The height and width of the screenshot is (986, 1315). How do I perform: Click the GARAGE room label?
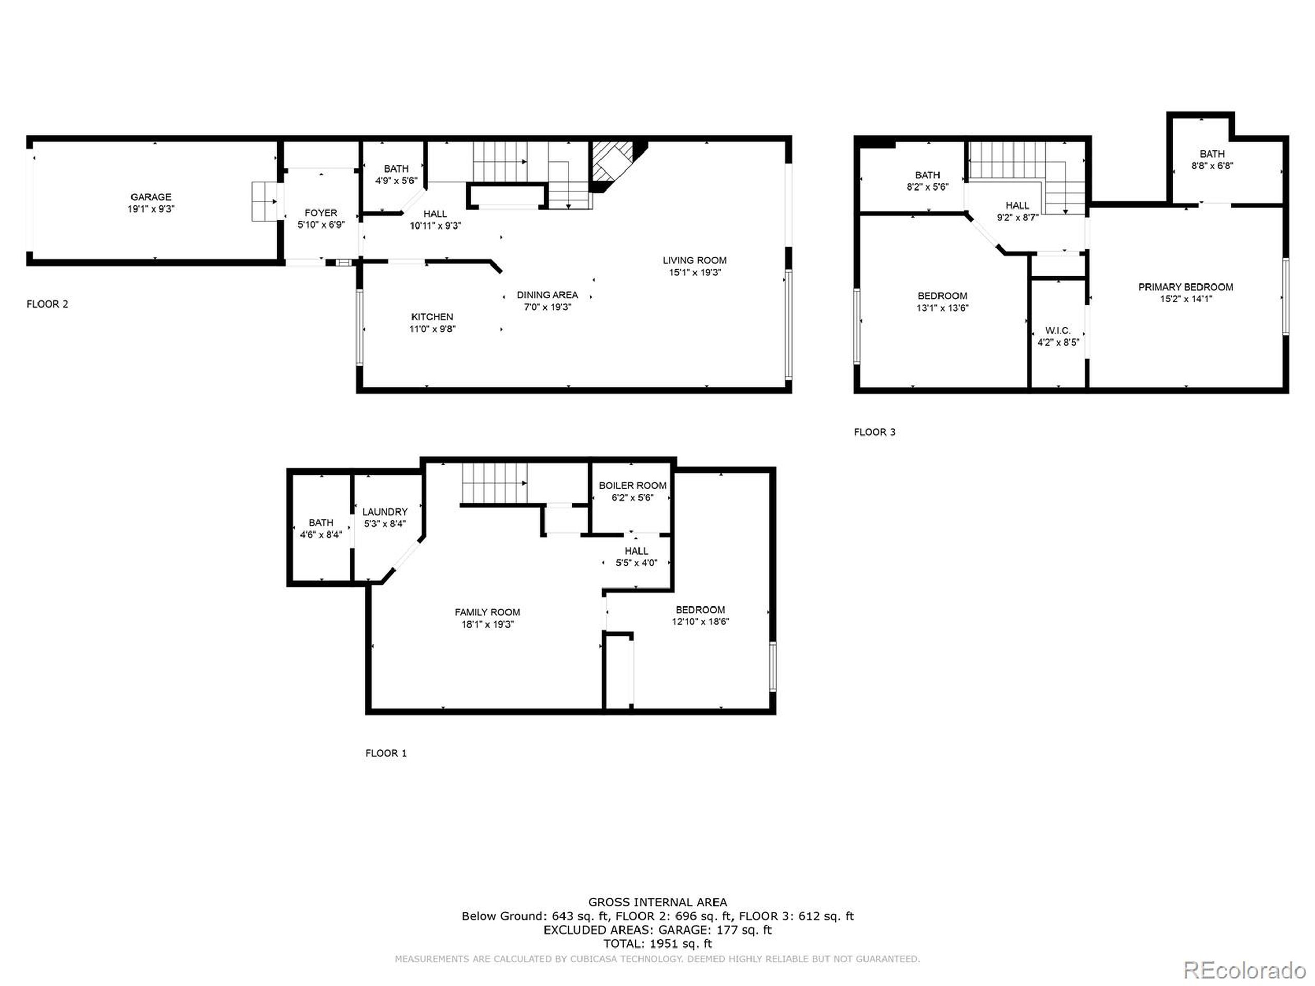[151, 197]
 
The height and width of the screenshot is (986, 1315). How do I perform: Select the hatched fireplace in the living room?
[609, 163]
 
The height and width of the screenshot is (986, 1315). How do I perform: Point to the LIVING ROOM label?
[694, 260]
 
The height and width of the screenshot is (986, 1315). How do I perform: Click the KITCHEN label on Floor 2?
[432, 317]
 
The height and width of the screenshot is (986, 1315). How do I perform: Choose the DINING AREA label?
[547, 295]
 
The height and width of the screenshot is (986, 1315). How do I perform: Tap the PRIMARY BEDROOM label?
[1186, 287]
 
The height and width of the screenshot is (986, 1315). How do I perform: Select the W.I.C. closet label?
[1058, 330]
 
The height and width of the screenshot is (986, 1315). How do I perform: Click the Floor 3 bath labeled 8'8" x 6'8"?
[1212, 160]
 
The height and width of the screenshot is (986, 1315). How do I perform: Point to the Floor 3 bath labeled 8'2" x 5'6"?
[927, 181]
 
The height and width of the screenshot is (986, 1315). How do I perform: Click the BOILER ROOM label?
[632, 486]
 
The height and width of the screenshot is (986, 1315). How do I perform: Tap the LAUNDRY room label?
[385, 511]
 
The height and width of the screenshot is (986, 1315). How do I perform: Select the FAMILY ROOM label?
[487, 612]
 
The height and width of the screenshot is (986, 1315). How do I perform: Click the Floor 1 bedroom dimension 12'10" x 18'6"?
[700, 622]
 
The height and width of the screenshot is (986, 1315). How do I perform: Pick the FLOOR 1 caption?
[386, 753]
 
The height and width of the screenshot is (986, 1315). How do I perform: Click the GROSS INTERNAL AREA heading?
[657, 903]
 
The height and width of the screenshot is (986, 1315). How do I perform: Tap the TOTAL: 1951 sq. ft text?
[657, 944]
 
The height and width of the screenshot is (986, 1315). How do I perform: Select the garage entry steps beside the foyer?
[264, 201]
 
